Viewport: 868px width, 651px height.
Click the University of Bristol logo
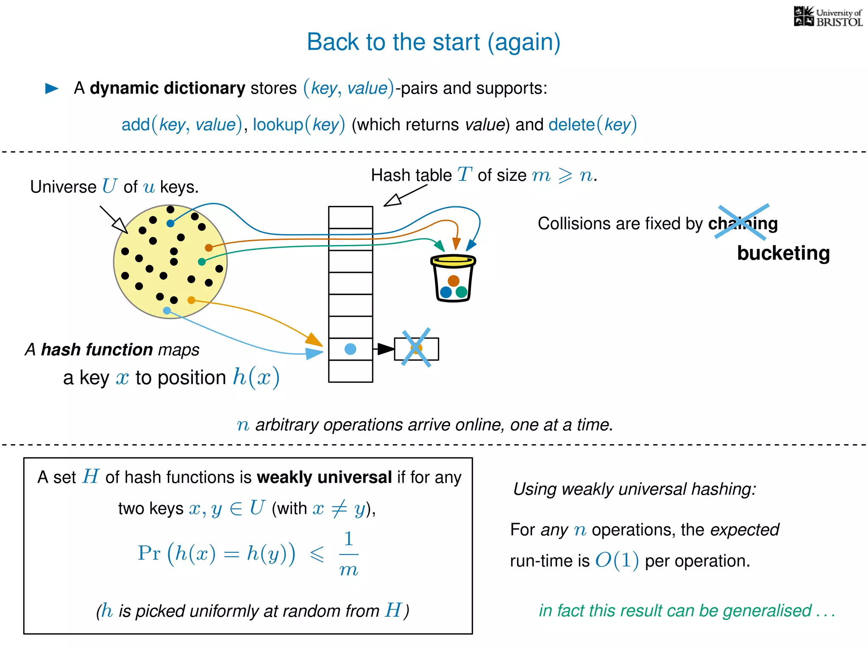[828, 17]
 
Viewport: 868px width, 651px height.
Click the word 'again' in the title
[523, 42]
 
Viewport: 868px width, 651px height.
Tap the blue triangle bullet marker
[52, 88]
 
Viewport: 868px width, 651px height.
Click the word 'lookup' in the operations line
[278, 125]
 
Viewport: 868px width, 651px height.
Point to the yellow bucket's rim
[453, 260]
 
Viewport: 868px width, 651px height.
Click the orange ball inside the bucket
[453, 281]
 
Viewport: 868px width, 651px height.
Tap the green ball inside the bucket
[461, 292]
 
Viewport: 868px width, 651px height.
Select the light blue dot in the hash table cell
[351, 349]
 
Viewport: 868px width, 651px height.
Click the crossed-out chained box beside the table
[416, 349]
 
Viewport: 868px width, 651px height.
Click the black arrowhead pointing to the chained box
[385, 349]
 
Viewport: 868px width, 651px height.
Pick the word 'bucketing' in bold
[783, 253]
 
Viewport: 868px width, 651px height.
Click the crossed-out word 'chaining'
[743, 223]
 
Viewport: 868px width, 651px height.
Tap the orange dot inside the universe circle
[209, 248]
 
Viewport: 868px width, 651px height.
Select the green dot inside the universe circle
[202, 262]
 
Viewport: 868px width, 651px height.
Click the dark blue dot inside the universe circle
[170, 223]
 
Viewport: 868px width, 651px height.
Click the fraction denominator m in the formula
[349, 569]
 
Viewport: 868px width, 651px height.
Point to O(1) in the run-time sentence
[617, 560]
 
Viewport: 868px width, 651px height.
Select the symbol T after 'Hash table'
[465, 174]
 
